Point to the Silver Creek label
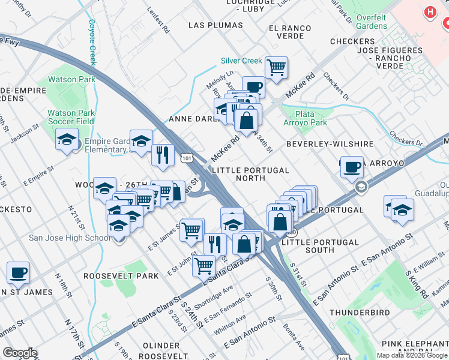241,61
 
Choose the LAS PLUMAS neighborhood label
215,25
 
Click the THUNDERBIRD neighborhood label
360,313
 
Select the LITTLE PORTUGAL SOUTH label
319,242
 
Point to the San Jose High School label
70,238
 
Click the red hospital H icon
430,11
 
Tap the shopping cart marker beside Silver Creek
276,67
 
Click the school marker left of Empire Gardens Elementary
67,140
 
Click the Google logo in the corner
20,353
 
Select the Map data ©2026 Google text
412,355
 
